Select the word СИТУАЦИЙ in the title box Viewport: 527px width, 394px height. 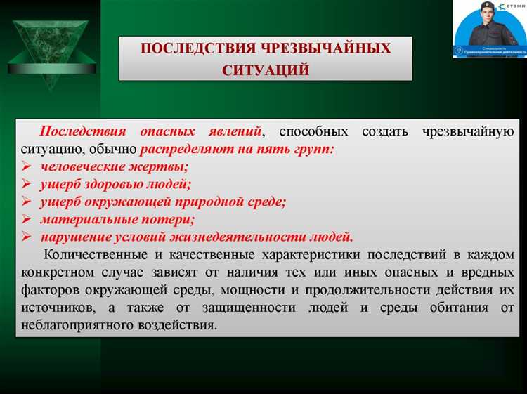click(x=266, y=70)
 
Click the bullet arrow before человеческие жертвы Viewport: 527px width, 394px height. click(x=26, y=167)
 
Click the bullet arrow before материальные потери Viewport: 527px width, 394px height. click(x=26, y=219)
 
